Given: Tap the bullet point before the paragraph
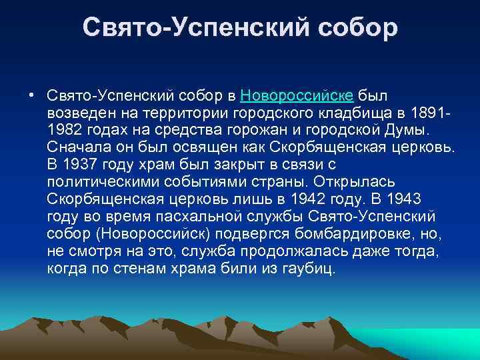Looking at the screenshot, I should coord(32,94).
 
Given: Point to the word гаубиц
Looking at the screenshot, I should coord(314,267).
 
